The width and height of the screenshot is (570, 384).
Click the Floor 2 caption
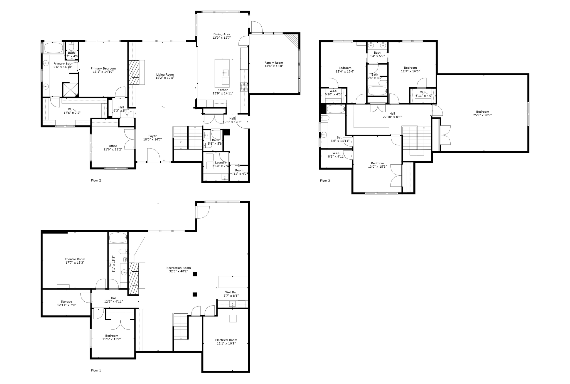[x=96, y=180]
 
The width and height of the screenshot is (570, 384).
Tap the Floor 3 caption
[x=325, y=181]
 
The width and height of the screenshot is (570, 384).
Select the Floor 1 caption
[x=96, y=370]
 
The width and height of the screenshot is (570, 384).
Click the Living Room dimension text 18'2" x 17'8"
[x=165, y=78]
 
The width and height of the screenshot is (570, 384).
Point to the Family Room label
[x=274, y=63]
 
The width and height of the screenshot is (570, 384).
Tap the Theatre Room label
[x=75, y=259]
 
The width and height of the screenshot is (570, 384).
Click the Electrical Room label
[x=226, y=340]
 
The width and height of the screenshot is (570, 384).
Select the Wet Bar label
[x=231, y=293]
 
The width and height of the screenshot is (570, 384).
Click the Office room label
[x=113, y=146]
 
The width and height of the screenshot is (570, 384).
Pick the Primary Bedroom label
[x=103, y=68]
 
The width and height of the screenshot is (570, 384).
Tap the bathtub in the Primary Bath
[x=53, y=48]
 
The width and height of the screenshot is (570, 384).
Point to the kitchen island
[x=222, y=73]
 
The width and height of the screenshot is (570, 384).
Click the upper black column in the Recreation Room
[x=195, y=274]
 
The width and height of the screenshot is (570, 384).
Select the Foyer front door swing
[x=154, y=155]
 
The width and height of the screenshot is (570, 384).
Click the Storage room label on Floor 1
[x=66, y=302]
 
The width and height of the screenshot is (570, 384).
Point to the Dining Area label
[x=222, y=34]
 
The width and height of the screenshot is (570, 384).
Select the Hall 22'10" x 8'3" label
[x=392, y=113]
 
